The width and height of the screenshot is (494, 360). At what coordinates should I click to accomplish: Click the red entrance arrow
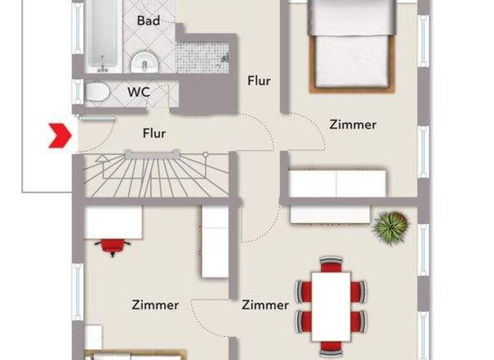pos(60,136)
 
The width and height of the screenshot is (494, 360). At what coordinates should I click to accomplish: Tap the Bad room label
pos(149,21)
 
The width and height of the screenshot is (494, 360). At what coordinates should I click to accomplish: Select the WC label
pos(138,92)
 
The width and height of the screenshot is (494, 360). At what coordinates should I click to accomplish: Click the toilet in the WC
pos(97,92)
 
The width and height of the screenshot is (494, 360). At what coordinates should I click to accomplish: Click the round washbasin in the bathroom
pos(144,62)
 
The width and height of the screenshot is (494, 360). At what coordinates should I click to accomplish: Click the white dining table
pos(331,306)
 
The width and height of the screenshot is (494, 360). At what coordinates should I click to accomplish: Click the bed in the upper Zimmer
pos(351,45)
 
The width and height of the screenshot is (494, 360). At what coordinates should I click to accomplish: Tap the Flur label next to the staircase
pos(154,134)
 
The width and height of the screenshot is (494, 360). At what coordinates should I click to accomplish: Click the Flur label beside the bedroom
pos(259,81)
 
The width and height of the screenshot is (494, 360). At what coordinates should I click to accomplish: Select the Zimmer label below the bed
pos(352,125)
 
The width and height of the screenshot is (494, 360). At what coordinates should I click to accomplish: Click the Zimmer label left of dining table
pos(265,305)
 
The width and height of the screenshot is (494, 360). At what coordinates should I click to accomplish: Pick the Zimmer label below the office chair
pos(155,305)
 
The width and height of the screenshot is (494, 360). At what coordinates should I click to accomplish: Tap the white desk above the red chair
pos(113,222)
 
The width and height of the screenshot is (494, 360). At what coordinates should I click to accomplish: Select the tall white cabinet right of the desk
pos(215,242)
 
